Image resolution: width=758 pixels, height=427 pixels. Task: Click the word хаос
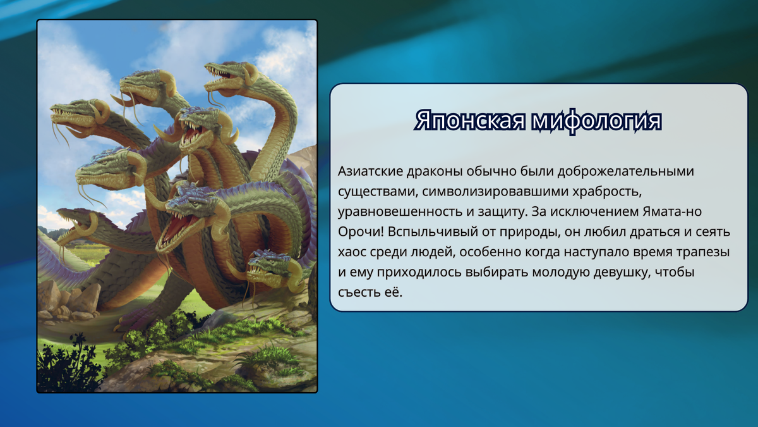coord(352,252)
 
